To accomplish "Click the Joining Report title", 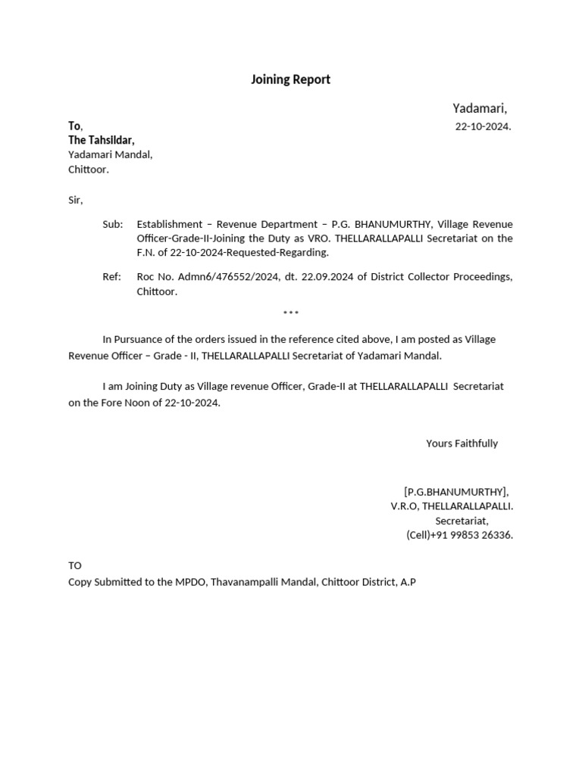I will (x=290, y=79).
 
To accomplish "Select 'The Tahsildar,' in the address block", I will (x=102, y=140).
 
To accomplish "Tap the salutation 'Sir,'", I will (x=76, y=201).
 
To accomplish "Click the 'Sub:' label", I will (x=112, y=225).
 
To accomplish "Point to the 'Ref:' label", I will (x=111, y=277).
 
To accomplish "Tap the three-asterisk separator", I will (x=291, y=313).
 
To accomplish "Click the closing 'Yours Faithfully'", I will (x=462, y=444).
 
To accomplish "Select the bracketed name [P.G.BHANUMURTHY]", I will (x=456, y=492).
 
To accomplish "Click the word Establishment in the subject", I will (x=169, y=225).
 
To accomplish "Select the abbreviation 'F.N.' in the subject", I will (x=145, y=252).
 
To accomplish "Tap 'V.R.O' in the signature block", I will (x=403, y=506).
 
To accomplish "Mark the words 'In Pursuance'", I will (x=133, y=340).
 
